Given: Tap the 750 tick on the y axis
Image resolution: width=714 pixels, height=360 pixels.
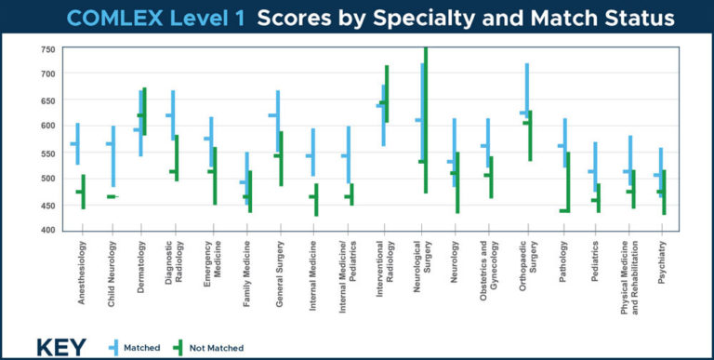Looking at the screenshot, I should (46, 48).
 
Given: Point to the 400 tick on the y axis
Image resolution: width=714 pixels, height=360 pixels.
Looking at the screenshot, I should (46, 230).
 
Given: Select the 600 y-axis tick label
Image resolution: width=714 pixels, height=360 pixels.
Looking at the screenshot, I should (46, 126).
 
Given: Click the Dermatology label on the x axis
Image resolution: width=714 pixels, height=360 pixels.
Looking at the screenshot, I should (140, 266).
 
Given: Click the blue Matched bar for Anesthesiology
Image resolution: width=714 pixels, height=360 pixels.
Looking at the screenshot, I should (77, 143).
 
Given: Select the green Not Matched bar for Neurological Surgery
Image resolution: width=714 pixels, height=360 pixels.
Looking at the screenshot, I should (426, 121).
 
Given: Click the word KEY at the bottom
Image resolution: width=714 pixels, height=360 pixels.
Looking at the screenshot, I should (60, 347).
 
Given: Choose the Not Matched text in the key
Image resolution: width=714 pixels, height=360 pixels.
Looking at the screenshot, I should (217, 348).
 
